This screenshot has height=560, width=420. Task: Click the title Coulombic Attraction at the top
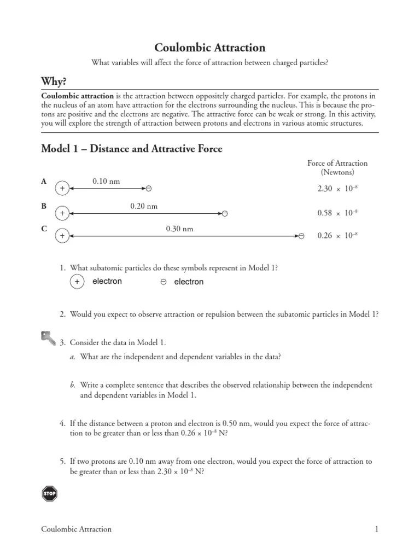210,48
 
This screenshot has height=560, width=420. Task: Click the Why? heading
54,81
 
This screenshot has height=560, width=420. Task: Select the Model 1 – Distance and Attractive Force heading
132,149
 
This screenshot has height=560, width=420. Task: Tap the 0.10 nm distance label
106,180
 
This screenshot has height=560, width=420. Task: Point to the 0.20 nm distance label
144,206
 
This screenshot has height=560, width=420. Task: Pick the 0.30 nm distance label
179,229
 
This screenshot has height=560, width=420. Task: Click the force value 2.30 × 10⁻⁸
337,189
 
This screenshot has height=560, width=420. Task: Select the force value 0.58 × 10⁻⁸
337,213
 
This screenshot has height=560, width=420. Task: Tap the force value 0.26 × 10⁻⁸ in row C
337,236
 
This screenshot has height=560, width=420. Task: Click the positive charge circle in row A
62,189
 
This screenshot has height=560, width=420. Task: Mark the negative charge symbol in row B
225,213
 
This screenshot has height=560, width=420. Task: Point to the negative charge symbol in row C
301,236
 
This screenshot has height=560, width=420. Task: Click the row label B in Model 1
44,206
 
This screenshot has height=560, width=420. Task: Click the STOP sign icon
49,493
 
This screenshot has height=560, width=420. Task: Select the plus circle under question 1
77,282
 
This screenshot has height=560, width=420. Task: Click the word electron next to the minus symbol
189,282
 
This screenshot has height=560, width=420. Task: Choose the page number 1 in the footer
376,529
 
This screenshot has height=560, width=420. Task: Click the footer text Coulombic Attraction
77,529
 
